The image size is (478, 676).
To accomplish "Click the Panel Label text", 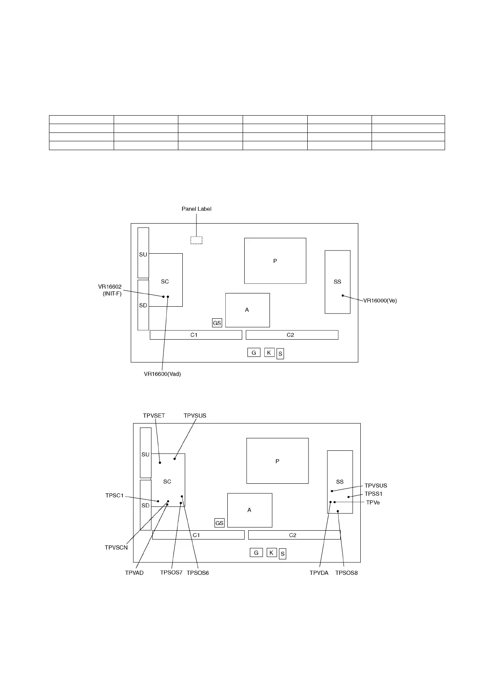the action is [196, 209].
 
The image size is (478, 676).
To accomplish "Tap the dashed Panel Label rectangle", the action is [196, 240].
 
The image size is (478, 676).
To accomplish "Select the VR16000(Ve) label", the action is [380, 300].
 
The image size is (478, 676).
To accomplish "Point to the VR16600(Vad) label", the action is [162, 374].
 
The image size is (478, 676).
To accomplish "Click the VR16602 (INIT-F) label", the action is [110, 290].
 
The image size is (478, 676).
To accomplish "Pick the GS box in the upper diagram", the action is [217, 323].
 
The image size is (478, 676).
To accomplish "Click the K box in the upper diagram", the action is [269, 353].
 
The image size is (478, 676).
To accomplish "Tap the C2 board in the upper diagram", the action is [292, 335].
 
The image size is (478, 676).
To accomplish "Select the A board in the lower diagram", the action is [249, 510].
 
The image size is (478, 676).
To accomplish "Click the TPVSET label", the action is [154, 415].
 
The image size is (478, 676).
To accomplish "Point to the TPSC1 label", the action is [114, 496].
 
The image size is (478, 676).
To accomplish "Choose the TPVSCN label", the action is [116, 547].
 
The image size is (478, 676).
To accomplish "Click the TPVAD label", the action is [134, 573].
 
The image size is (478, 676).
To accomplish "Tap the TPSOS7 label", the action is [172, 573].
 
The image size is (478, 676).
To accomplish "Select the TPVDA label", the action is [319, 573].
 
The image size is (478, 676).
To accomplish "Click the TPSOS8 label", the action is [346, 573].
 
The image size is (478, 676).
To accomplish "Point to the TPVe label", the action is [373, 502].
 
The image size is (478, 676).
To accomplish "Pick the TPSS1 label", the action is [374, 494].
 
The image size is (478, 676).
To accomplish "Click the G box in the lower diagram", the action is [256, 553].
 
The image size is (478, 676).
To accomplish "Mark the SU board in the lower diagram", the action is [145, 453].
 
